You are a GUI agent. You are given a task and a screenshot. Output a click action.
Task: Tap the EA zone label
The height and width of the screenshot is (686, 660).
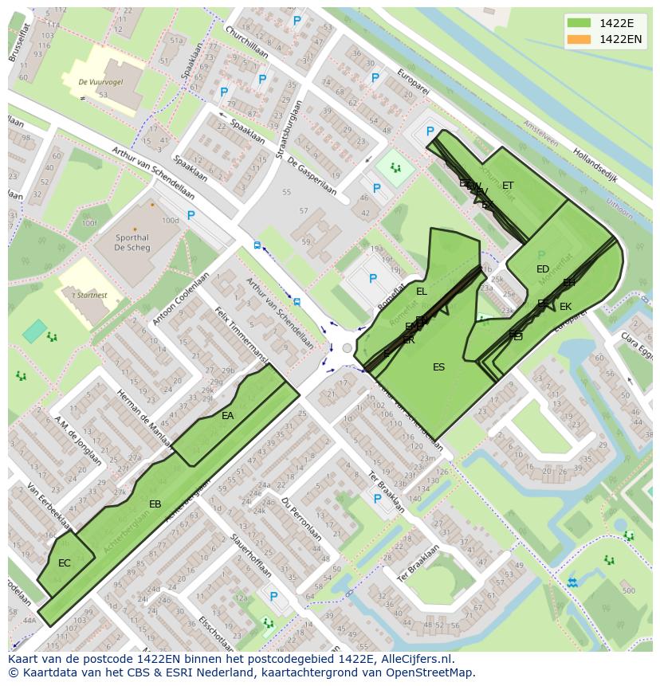click(228, 416)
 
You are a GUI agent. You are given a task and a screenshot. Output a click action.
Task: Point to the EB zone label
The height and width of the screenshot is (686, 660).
click(155, 504)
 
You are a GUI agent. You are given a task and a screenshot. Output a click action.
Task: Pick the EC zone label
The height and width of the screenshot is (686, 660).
click(65, 563)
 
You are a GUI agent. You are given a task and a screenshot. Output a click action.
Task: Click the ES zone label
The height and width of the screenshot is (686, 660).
click(438, 367)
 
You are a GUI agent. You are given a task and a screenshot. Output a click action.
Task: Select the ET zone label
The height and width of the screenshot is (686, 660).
click(508, 186)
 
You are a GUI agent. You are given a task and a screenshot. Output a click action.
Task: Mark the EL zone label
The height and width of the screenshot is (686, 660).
click(422, 292)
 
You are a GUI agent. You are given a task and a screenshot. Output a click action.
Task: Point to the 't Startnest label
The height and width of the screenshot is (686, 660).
click(89, 296)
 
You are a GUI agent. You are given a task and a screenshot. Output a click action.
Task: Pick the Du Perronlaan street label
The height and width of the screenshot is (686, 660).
click(301, 519)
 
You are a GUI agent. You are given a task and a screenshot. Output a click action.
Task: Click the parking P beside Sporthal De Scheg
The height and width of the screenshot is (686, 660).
click(191, 215)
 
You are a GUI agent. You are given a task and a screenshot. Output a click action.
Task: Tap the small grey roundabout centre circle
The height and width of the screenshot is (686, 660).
click(346, 348)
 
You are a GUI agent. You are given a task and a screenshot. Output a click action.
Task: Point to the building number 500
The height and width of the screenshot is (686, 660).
click(628, 590)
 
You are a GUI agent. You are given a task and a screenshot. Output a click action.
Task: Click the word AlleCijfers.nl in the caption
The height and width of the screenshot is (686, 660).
click(415, 660)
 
